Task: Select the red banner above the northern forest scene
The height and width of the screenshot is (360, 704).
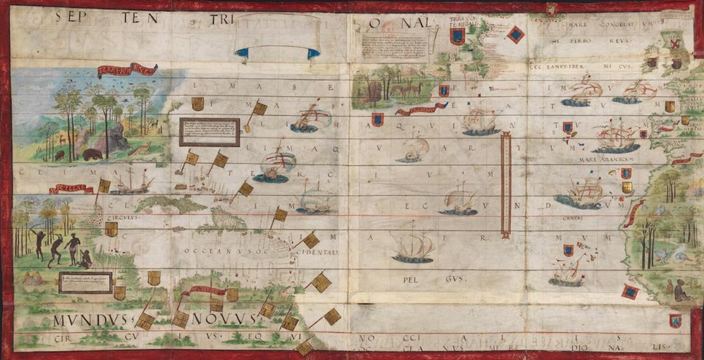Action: [x=128, y=71]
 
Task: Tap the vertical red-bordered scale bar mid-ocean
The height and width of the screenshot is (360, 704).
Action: [x=505, y=187]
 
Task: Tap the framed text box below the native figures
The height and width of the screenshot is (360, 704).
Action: [x=86, y=282]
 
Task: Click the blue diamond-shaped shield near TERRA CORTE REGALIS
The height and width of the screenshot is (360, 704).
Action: [x=515, y=34]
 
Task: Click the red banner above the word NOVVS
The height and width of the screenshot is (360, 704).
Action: [x=204, y=291]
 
